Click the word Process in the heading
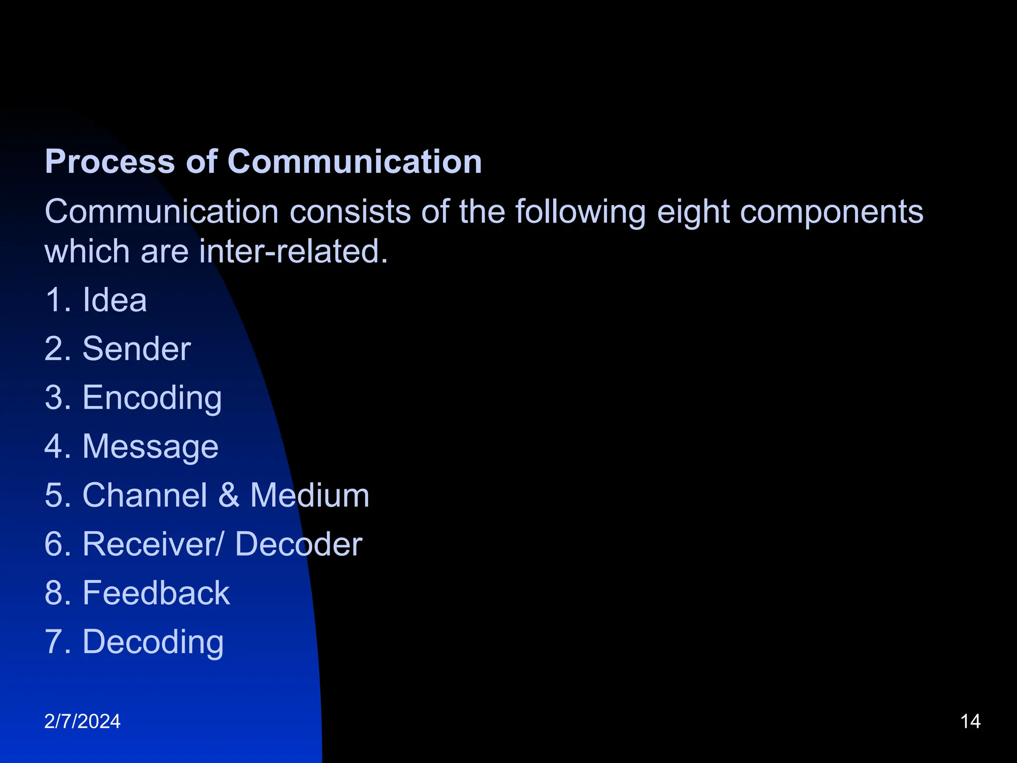coord(110,162)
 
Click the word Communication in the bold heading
coord(355,162)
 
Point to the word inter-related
coord(293,251)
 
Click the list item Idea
coord(115,300)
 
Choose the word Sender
coord(137,349)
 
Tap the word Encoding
coord(152,398)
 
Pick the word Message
coord(150,447)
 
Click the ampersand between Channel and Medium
coord(228,495)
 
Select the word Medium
coord(310,495)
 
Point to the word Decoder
coord(298,544)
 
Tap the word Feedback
coord(156,593)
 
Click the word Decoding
coord(153,642)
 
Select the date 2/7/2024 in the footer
coord(82,721)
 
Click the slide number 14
coord(970,721)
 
